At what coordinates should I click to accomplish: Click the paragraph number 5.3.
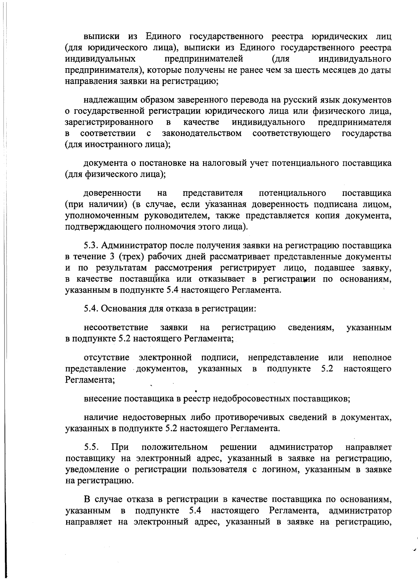pos(92,246)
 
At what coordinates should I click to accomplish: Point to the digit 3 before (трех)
pos(110,257)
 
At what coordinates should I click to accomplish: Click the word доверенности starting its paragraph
pos(112,193)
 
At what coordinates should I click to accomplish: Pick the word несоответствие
pos(116,327)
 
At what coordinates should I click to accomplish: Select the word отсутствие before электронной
pos(107,358)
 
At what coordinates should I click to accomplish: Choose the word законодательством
pos(202,134)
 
